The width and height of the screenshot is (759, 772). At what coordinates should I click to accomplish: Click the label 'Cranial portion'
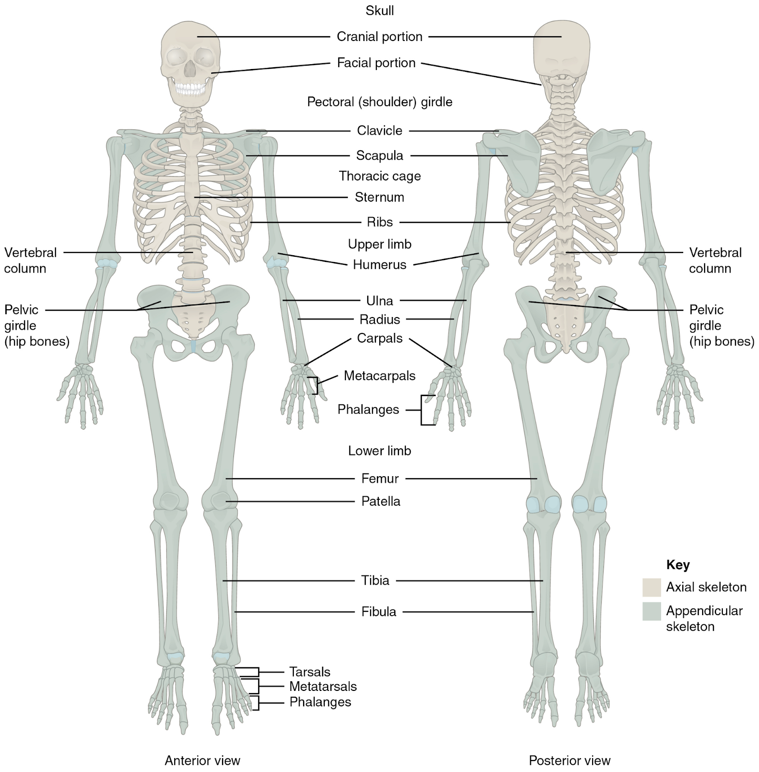pyautogui.click(x=379, y=37)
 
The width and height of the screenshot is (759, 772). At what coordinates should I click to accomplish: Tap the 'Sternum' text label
pyautogui.click(x=379, y=197)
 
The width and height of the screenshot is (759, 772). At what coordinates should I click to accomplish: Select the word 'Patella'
pyautogui.click(x=381, y=501)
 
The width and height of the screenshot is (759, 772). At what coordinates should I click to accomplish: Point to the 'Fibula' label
pyautogui.click(x=379, y=612)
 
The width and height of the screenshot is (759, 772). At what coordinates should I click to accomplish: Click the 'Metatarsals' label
pyautogui.click(x=323, y=686)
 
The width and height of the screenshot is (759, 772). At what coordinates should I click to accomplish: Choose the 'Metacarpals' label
pyautogui.click(x=379, y=376)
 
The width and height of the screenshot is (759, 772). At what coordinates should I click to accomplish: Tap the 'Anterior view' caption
pyautogui.click(x=202, y=761)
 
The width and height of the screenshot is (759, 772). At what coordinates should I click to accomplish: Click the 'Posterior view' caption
pyautogui.click(x=569, y=761)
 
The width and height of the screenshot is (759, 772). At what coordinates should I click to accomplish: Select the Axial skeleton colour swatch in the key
pyautogui.click(x=651, y=587)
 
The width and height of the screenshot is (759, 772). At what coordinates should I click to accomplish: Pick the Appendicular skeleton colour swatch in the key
pyautogui.click(x=651, y=611)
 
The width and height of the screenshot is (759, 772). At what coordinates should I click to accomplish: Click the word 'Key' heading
pyautogui.click(x=677, y=565)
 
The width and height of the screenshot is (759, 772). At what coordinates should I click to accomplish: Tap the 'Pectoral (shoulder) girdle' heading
pyautogui.click(x=380, y=102)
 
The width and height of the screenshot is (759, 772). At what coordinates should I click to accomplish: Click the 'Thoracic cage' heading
pyautogui.click(x=380, y=176)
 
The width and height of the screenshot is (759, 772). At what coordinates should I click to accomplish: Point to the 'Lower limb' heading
pyautogui.click(x=379, y=451)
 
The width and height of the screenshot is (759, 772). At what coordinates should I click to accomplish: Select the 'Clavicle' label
pyautogui.click(x=379, y=131)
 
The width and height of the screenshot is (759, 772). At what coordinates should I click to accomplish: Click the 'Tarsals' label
pyautogui.click(x=310, y=672)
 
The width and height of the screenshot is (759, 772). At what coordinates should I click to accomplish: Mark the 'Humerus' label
pyautogui.click(x=379, y=264)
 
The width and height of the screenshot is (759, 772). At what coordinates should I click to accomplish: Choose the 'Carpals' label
pyautogui.click(x=379, y=338)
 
